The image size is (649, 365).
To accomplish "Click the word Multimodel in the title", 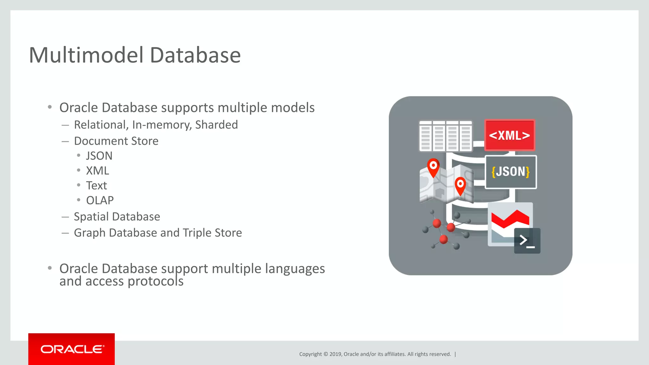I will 86,55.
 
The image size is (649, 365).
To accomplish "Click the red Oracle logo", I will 72,349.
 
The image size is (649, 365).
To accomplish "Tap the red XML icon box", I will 510,135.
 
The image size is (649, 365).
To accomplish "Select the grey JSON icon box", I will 511,172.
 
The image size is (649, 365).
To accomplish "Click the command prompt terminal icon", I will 527,241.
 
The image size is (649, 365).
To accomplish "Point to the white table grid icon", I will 445,136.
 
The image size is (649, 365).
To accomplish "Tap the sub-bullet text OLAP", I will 100,201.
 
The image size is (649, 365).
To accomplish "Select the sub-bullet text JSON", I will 99,156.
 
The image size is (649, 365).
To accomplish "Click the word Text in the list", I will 96,186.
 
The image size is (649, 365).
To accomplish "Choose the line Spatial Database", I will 117,217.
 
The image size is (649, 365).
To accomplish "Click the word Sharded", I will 216,125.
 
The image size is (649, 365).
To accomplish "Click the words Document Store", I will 116,141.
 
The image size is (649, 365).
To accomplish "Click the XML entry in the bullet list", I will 97,171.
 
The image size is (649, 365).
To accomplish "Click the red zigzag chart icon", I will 510,219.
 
